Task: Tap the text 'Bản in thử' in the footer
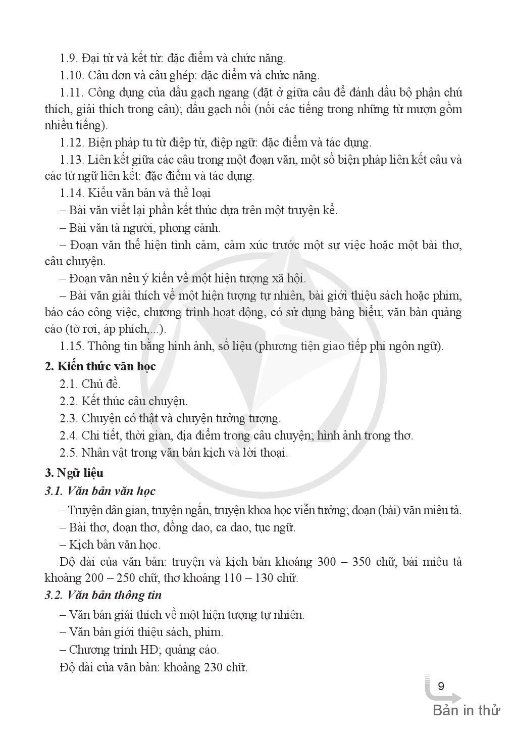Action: click(466, 710)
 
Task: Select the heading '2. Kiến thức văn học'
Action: click(100, 366)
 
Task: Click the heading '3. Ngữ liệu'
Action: click(74, 473)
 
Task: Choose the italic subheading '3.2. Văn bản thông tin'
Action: click(103, 595)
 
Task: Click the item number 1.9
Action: click(68, 58)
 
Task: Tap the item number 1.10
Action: click(71, 76)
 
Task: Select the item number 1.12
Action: click(71, 142)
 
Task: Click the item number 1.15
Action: click(71, 346)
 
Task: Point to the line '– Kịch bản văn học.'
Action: click(110, 545)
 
